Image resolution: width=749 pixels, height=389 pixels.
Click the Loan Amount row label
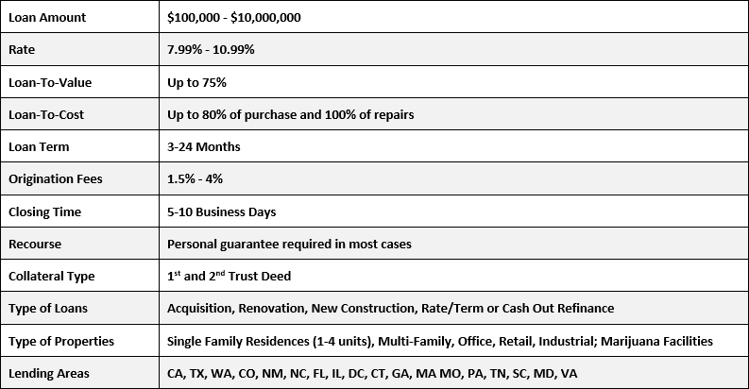[46, 17]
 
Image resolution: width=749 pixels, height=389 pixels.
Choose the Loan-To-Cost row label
[47, 114]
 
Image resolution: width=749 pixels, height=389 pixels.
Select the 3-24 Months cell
[204, 147]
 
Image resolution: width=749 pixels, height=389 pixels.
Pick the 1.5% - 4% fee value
[196, 179]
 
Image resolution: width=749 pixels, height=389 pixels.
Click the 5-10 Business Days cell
[221, 211]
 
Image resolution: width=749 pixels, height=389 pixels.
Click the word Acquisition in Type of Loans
[199, 309]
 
